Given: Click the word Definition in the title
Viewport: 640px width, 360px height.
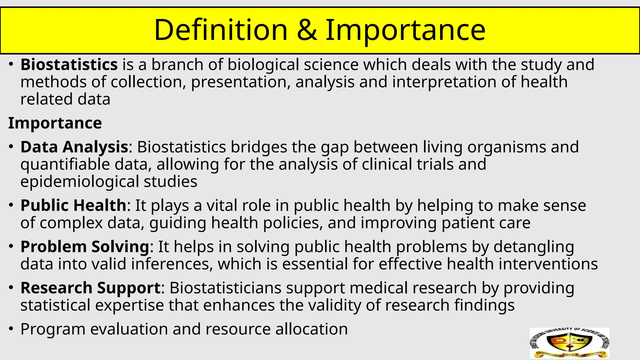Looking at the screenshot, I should pos(221,30).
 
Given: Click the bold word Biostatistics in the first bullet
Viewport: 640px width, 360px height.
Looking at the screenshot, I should pos(69,65).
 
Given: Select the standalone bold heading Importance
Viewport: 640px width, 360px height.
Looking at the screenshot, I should pos(55,123).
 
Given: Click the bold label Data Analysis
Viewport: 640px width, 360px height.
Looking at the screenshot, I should pos(74,147).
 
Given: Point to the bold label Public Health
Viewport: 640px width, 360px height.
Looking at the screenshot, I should pos(73,205).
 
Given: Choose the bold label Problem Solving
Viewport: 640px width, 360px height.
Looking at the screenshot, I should pos(85,247).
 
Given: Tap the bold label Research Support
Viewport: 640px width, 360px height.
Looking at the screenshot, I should pos(90,288).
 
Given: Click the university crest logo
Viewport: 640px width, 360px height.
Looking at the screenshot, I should pos(569,343).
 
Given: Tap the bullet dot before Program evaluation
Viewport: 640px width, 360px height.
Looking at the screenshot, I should pos(11,329).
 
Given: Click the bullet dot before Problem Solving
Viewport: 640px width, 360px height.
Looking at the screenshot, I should pos(11,247).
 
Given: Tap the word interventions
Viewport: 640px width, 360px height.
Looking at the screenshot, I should pos(548,264).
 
